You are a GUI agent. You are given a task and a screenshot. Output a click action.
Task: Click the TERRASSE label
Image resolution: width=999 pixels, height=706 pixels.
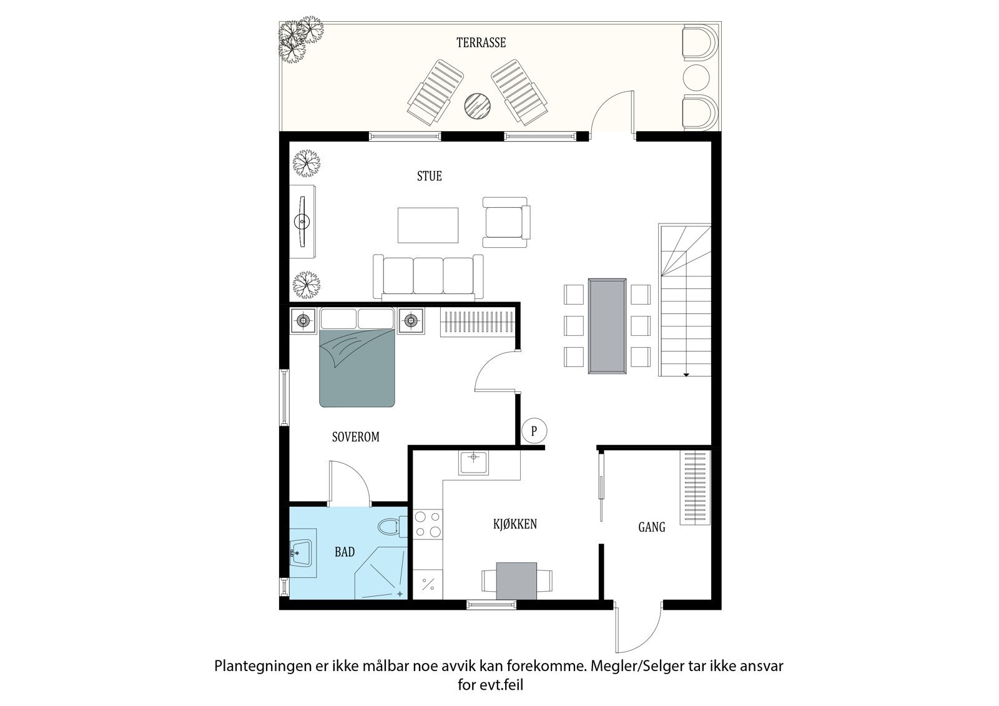coord(481,43)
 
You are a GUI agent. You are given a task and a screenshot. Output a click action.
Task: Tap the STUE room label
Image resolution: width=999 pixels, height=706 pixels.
coord(430,177)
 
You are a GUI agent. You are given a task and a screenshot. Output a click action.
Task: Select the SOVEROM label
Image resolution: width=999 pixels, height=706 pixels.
coord(355,437)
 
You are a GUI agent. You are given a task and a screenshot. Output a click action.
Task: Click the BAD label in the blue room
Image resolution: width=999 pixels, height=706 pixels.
coord(345,552)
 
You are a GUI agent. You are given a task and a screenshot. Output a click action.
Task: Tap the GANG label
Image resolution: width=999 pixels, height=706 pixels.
coord(651,527)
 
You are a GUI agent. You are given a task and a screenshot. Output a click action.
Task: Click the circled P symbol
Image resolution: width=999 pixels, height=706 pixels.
coord(534,431)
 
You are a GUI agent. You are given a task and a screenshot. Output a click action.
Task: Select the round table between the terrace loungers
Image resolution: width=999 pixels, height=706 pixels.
coord(478,105)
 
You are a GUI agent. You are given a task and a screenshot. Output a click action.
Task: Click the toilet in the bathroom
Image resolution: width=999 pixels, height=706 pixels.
coord(391,527)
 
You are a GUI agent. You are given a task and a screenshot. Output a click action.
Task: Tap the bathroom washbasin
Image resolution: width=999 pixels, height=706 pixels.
coord(302,552)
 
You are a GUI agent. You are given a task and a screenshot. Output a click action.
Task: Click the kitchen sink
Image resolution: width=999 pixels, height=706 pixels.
coord(475,462)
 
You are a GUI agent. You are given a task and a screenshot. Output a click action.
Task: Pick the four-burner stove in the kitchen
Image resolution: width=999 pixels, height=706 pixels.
coord(427,524)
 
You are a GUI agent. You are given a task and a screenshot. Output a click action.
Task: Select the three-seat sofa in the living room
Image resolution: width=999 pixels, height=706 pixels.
coord(428,277)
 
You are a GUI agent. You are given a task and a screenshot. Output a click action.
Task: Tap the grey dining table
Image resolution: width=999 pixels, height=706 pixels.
coord(606,326)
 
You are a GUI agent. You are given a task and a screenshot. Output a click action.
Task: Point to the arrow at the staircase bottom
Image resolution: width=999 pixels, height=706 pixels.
coord(686,374)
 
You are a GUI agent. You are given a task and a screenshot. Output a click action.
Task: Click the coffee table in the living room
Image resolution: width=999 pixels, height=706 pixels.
coord(428,225)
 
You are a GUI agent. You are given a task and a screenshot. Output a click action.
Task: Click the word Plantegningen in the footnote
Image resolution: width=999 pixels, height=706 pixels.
coord(253,666)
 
